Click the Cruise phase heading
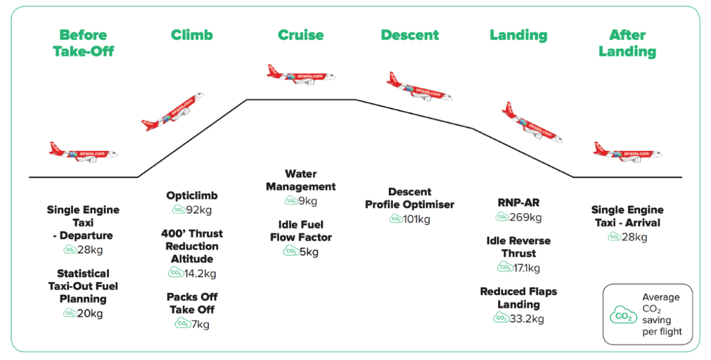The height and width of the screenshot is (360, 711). (301, 35)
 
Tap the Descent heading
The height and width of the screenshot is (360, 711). (410, 35)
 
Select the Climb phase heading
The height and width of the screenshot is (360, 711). (192, 35)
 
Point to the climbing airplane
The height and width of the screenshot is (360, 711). (173, 112)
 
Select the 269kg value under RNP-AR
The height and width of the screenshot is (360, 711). (526, 217)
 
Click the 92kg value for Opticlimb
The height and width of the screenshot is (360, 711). (199, 210)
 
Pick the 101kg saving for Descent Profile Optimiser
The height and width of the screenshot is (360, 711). (417, 219)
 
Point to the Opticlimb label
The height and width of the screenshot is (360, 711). (192, 196)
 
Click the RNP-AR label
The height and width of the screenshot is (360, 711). (518, 203)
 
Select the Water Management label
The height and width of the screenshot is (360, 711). (301, 181)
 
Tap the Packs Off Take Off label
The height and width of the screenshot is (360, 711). (192, 303)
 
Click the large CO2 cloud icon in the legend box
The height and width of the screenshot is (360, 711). (623, 315)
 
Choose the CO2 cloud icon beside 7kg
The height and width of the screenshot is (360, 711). (183, 323)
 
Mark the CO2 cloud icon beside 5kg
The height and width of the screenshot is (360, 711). (291, 251)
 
